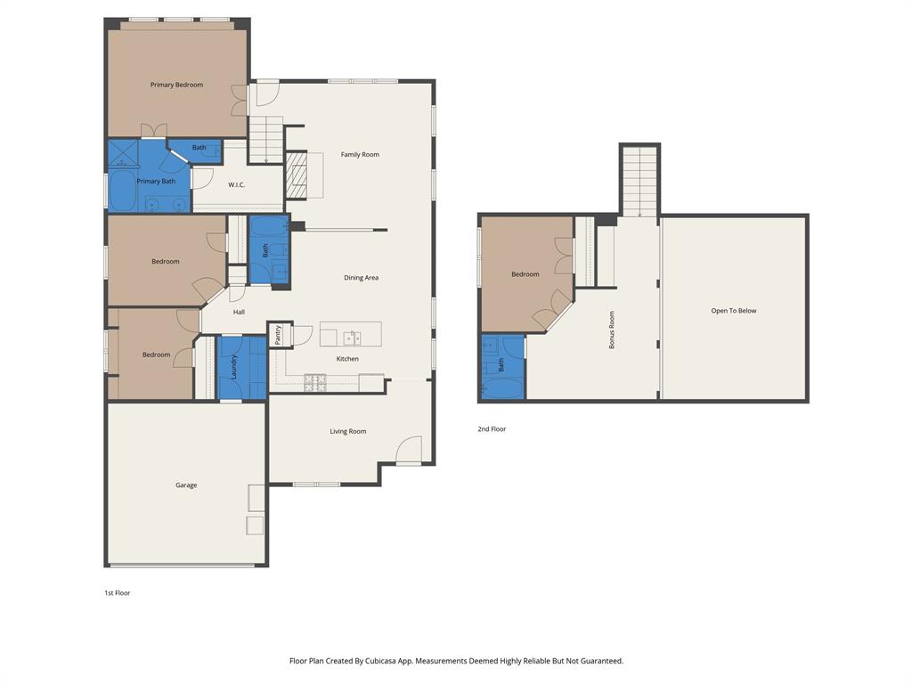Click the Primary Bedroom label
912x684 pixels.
click(176, 85)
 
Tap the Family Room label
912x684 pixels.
click(360, 154)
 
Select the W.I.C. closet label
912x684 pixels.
click(236, 184)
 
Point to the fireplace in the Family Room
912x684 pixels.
click(297, 175)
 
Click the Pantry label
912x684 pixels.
click(278, 335)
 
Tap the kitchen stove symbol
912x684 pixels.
click(315, 382)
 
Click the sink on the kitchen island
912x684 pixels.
click(353, 337)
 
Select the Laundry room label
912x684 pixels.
click(234, 368)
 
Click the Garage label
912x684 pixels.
click(186, 485)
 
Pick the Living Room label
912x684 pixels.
click(348, 431)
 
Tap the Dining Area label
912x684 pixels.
click(361, 277)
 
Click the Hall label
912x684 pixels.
click(239, 312)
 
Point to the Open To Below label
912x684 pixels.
click(734, 311)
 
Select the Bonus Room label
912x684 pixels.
click(612, 330)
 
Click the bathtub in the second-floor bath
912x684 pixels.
click(503, 388)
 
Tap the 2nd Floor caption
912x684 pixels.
click(492, 428)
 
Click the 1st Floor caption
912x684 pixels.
click(117, 592)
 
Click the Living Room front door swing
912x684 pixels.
click(409, 450)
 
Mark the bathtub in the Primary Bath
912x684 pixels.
click(121, 191)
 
